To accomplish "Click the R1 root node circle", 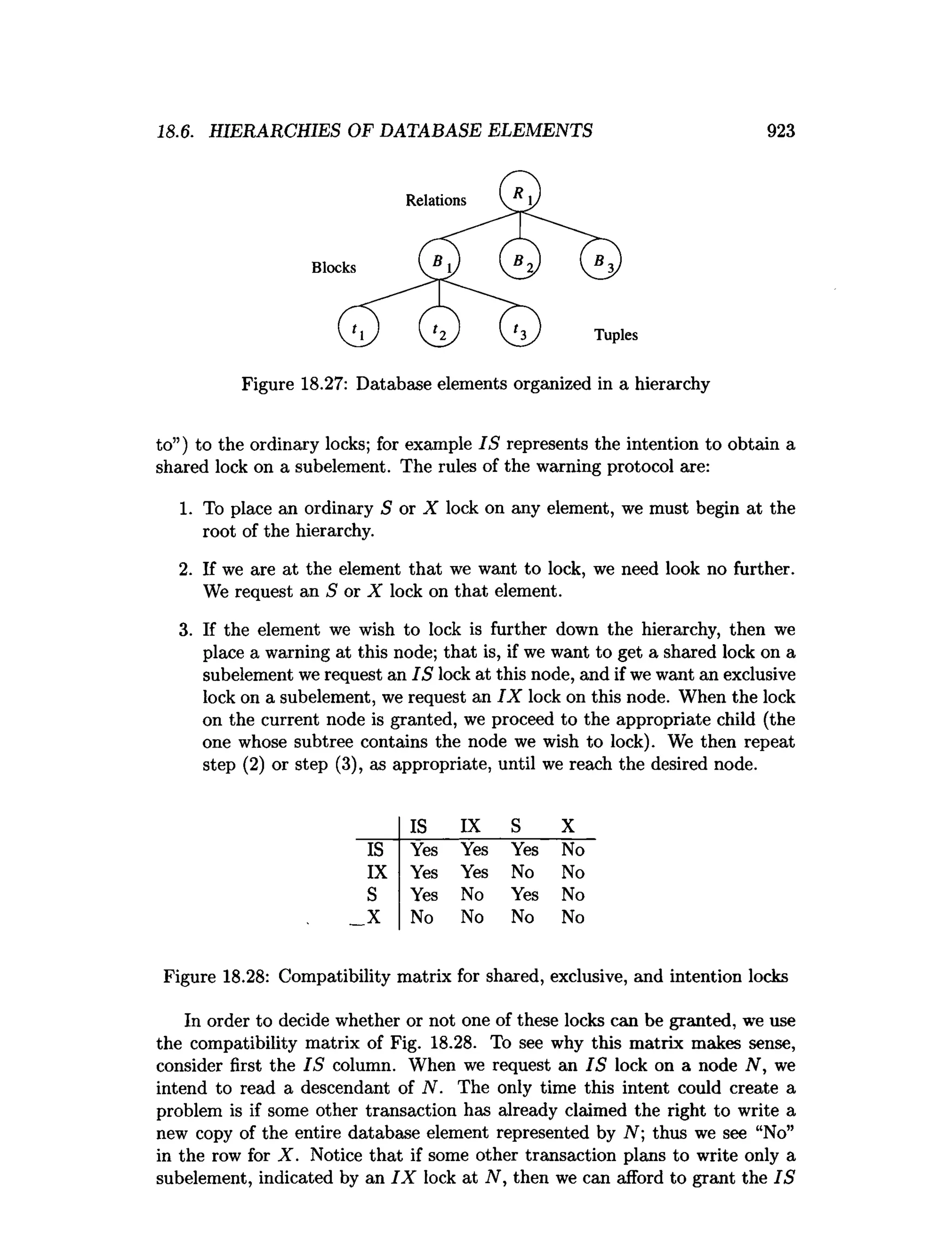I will coord(520,191).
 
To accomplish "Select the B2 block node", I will coord(520,259).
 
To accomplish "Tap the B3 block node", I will coord(600,259).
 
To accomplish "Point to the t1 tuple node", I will coord(358,327).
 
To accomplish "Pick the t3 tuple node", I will coord(520,327).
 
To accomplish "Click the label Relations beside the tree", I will coord(435,200).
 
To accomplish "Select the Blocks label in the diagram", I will coord(334,267).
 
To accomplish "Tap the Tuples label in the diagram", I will coord(616,335).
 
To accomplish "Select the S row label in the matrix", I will coord(372,895).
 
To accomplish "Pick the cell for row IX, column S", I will coord(522,872).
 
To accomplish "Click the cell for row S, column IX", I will coord(472,895).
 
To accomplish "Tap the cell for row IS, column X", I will coord(573,849).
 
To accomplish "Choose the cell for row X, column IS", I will coord(422,917).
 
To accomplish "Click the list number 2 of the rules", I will coord(185,569).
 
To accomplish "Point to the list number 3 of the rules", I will coord(185,629).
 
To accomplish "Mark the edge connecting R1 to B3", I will coord(562,226).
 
